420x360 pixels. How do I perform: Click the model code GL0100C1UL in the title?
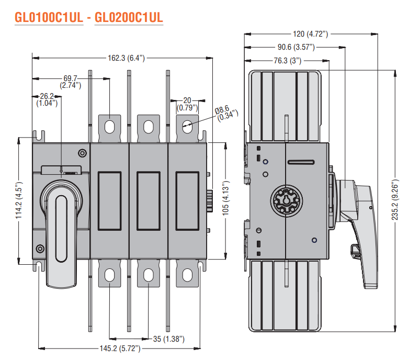pyautogui.click(x=49, y=17)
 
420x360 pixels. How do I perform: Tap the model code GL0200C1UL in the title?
pyautogui.click(x=129, y=17)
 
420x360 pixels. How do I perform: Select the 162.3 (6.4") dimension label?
pyautogui.click(x=126, y=58)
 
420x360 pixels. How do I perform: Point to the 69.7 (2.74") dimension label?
pyautogui.click(x=70, y=82)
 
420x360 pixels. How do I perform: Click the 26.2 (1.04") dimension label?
pyautogui.click(x=47, y=99)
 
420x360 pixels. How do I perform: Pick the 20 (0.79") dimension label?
pyautogui.click(x=187, y=104)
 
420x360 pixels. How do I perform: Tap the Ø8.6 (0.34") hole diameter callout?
pyautogui.click(x=226, y=114)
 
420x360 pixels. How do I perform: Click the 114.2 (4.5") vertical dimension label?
pyautogui.click(x=19, y=200)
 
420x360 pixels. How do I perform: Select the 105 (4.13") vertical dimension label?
pyautogui.click(x=226, y=198)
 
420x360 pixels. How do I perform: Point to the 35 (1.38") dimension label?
pyautogui.click(x=169, y=339)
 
